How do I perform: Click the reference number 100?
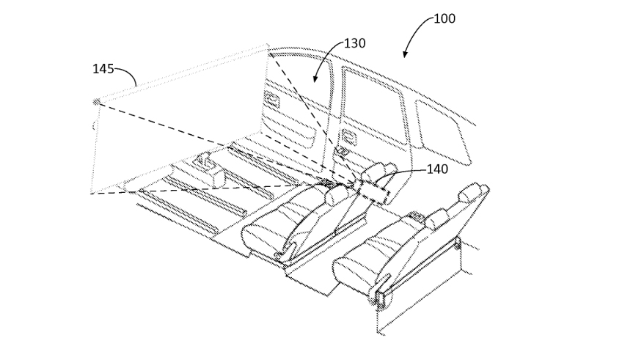tap(444, 18)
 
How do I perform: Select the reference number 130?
tap(354, 43)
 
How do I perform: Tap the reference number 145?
tap(103, 69)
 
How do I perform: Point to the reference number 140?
tap(437, 169)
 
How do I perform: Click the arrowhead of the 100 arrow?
tap(404, 54)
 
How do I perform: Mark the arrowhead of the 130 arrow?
tap(315, 79)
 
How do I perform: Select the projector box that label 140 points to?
tap(374, 191)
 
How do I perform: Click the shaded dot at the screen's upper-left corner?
tap(96, 102)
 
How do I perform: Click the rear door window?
tap(373, 104)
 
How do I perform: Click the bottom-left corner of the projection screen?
tap(90, 194)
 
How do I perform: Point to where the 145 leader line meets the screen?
tap(136, 86)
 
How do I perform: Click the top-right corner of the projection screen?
tap(267, 46)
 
